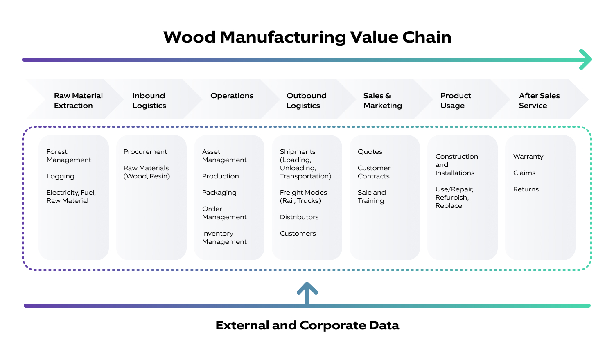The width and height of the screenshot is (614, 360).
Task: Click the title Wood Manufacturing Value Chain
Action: coord(307,37)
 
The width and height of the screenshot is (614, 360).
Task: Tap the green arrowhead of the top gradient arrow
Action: coord(586,60)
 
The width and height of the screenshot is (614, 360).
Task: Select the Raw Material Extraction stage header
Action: coord(78,100)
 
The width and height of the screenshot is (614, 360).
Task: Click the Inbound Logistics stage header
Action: coord(149,100)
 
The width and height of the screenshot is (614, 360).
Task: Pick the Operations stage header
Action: coord(232,96)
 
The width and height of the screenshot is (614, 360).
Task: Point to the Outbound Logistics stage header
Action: coord(306,100)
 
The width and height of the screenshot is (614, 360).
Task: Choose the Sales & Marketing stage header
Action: coord(382,100)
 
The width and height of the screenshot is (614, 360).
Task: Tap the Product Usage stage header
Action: coord(455,100)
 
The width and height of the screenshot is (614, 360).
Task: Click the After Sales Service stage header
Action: coord(539,100)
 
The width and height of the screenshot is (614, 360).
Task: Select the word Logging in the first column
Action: coord(61,176)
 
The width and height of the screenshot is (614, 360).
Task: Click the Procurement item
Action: coord(145,152)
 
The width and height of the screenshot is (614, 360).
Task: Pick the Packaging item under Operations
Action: coord(219,193)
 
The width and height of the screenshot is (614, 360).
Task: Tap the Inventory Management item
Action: coord(224,238)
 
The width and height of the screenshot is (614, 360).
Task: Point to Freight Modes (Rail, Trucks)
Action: coord(303,197)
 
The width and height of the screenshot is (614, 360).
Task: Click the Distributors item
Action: coord(299,217)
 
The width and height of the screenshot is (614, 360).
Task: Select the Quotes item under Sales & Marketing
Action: coord(370,152)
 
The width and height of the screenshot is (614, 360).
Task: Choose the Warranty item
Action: coord(528,157)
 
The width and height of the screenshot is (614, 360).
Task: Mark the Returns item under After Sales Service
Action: coord(526,189)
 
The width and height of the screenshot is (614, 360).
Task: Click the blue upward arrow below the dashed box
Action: coord(307,291)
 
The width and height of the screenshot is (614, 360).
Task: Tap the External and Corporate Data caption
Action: coord(307,325)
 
